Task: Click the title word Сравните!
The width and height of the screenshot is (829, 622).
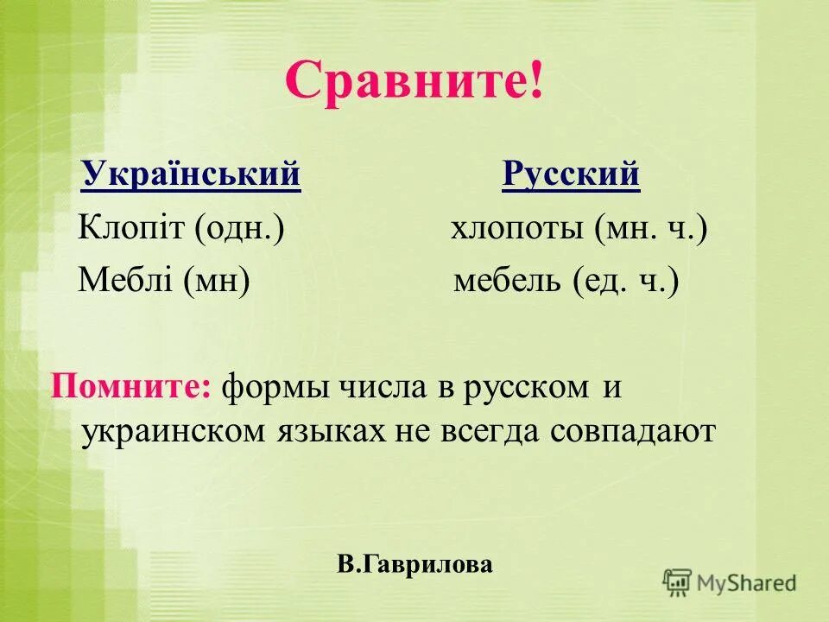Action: [x=414, y=82]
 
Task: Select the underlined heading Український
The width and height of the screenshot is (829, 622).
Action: [x=191, y=175]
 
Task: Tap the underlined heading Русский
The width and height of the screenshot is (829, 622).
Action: [x=571, y=175]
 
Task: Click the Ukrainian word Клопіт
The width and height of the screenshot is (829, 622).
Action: [x=130, y=230]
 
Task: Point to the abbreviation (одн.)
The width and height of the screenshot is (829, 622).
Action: [x=239, y=230]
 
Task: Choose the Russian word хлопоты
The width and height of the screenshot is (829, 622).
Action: [x=516, y=230]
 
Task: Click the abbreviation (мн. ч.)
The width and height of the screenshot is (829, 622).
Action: [x=650, y=230]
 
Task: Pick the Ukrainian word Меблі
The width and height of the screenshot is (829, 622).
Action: [x=125, y=281]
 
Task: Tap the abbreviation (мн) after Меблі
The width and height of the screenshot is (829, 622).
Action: [x=216, y=281]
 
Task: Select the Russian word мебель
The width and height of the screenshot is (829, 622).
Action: [x=507, y=281]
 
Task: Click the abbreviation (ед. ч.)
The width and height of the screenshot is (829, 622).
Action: [x=625, y=281]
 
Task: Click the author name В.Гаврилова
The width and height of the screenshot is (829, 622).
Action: [x=414, y=565]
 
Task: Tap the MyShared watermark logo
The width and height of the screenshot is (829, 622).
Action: [x=730, y=582]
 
